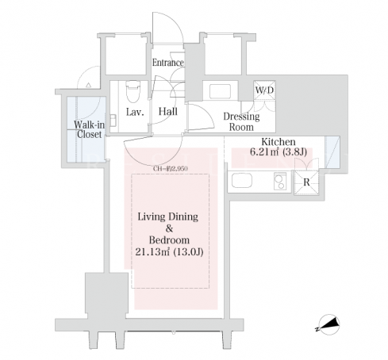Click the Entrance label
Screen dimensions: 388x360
click(x=168, y=63)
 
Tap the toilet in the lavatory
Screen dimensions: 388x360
click(x=133, y=91)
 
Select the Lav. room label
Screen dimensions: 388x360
click(x=135, y=112)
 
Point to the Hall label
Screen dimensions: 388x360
click(x=168, y=112)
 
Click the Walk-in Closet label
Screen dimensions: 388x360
click(x=89, y=129)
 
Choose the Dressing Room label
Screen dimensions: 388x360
click(x=241, y=121)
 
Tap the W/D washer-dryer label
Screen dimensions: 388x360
click(x=264, y=90)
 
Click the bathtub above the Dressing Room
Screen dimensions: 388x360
click(x=220, y=91)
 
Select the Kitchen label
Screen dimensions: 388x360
click(x=279, y=142)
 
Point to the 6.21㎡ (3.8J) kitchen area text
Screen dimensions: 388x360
click(x=279, y=152)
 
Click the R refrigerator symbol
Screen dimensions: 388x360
click(x=306, y=182)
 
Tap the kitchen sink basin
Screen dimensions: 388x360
click(x=242, y=181)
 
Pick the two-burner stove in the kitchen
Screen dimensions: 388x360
click(x=280, y=181)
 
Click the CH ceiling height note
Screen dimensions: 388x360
click(x=171, y=169)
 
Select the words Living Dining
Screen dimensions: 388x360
click(x=168, y=216)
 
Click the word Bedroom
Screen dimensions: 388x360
click(x=169, y=240)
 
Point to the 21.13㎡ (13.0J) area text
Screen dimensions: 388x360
click(x=169, y=252)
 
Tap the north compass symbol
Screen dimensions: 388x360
click(x=328, y=324)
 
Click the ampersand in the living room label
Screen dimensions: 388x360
click(x=169, y=228)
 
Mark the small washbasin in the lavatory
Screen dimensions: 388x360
click(x=113, y=120)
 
